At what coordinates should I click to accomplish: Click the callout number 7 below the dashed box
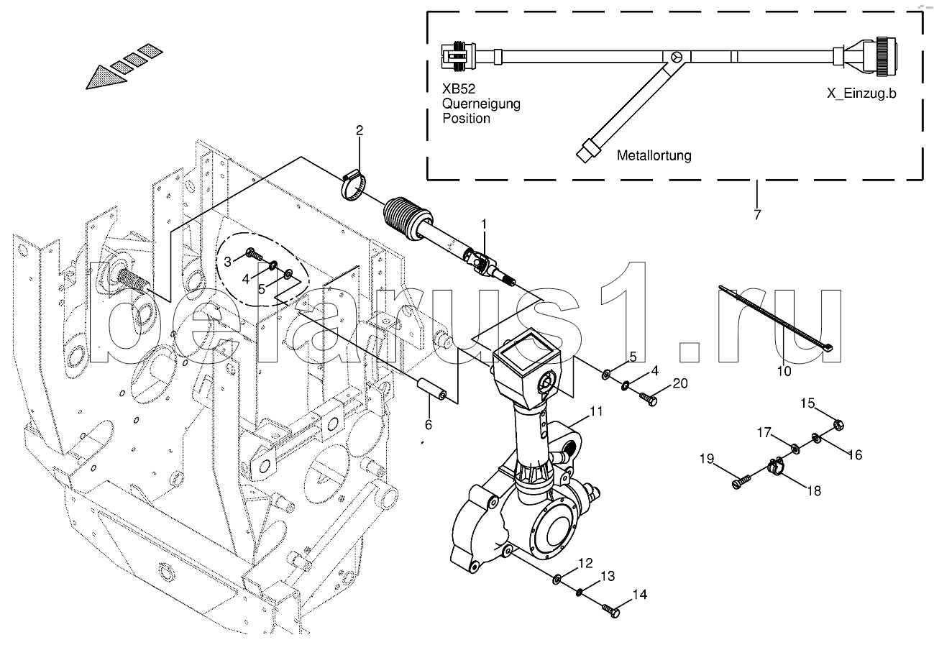[x=757, y=214]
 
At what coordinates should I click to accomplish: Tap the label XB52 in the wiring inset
[x=459, y=89]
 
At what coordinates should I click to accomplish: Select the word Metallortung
[x=654, y=155]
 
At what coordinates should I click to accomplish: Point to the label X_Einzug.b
[x=861, y=93]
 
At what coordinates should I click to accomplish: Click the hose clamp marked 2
[x=354, y=186]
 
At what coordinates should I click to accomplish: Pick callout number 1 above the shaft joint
[x=484, y=224]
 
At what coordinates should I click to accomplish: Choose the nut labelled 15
[x=838, y=425]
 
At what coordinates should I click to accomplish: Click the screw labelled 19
[x=741, y=481]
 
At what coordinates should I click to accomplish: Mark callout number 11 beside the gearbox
[x=596, y=411]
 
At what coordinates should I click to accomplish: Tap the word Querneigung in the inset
[x=481, y=104]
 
